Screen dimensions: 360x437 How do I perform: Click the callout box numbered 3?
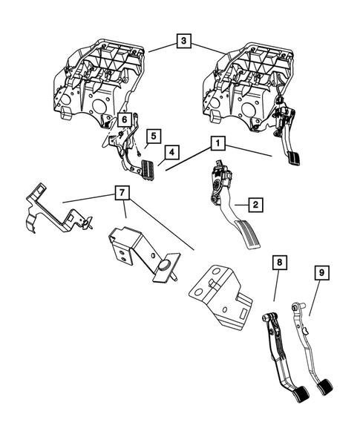[183, 41]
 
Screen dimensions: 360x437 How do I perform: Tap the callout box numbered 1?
[217, 143]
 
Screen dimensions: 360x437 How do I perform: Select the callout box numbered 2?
[255, 205]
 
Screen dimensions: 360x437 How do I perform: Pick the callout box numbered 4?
[171, 152]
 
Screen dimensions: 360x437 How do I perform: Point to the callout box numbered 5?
[154, 137]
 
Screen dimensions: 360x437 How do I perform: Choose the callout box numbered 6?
[125, 120]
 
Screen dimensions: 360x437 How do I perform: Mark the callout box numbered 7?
[122, 192]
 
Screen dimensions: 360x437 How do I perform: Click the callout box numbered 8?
[279, 262]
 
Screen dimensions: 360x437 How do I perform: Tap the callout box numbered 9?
[322, 273]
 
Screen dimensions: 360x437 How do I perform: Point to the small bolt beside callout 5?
[139, 152]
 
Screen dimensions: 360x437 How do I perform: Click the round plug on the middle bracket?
[164, 266]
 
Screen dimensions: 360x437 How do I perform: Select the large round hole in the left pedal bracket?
[99, 105]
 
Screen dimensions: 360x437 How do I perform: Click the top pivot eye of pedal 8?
[267, 318]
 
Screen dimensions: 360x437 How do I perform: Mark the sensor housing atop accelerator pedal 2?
[221, 175]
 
